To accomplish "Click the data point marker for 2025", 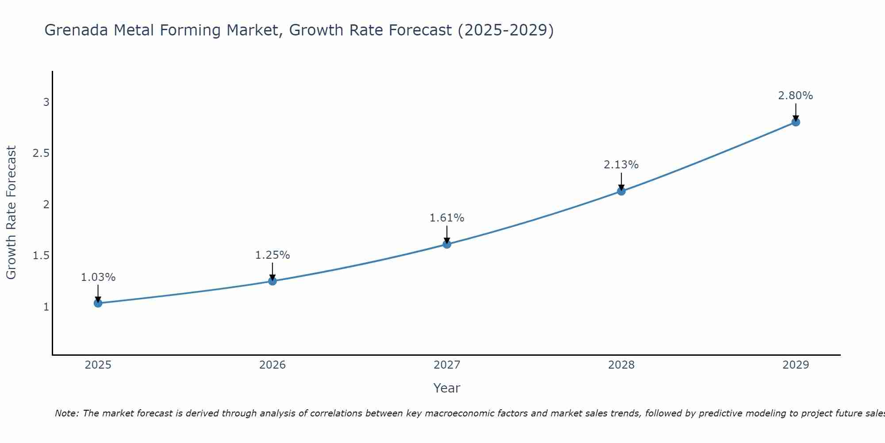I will tap(98, 303).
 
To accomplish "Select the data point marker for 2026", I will tap(272, 281).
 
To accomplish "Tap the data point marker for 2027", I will tap(446, 244).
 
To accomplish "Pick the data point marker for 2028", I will tap(621, 191).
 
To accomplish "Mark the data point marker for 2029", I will tap(795, 122).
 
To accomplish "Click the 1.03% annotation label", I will tap(98, 277).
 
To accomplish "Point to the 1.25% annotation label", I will tap(272, 255).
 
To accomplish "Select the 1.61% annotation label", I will tap(446, 218).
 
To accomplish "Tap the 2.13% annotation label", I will tap(621, 165).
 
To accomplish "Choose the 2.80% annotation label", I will tap(795, 96).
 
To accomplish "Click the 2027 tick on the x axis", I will tap(446, 365).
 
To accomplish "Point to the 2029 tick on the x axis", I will tap(795, 365).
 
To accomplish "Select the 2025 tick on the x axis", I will tap(98, 365).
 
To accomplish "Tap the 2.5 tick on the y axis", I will tap(41, 154).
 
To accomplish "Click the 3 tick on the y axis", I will tap(46, 102).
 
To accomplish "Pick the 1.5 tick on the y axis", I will tap(41, 256).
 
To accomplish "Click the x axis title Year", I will tap(446, 388).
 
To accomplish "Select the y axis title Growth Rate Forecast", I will tap(11, 213).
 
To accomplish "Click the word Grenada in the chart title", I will tap(76, 30).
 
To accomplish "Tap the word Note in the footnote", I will tap(66, 413).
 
